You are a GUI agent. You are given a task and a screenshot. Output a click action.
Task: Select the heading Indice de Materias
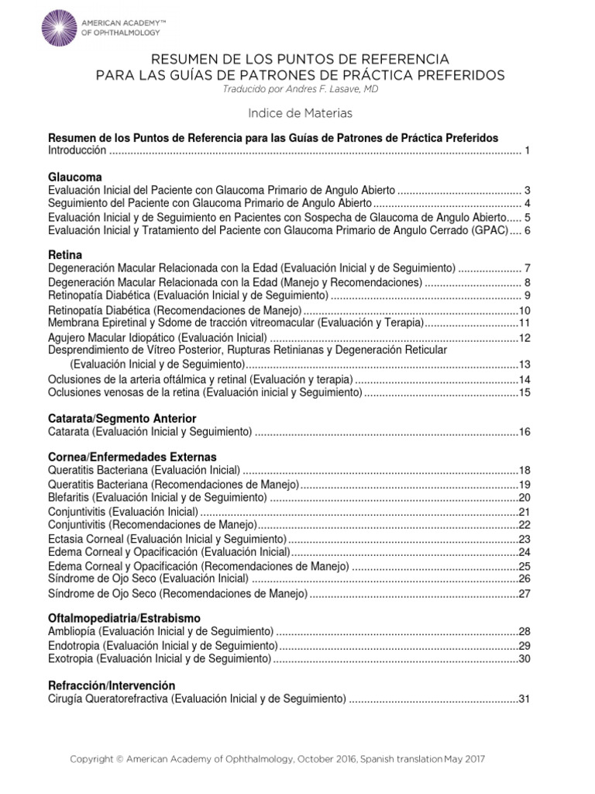pyautogui.click(x=300, y=113)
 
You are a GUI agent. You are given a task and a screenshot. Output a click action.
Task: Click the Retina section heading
pyautogui.click(x=65, y=254)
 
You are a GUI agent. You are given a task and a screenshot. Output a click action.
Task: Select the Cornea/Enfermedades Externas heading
pyautogui.click(x=132, y=457)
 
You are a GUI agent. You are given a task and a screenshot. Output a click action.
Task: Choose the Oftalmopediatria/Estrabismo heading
pyautogui.click(x=124, y=618)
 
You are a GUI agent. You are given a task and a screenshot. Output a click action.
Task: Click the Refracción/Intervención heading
pyautogui.click(x=112, y=685)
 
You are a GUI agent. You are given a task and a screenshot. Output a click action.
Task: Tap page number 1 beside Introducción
pyautogui.click(x=526, y=150)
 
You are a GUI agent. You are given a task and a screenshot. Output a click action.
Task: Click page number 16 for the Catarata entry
pyautogui.click(x=524, y=431)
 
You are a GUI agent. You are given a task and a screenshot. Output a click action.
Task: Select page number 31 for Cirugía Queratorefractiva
pyautogui.click(x=524, y=699)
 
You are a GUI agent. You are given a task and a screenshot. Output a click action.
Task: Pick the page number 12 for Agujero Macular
pyautogui.click(x=524, y=337)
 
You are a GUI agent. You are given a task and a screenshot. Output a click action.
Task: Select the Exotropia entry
pyautogui.click(x=160, y=658)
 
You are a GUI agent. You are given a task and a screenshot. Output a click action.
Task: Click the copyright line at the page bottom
pyautogui.click(x=277, y=758)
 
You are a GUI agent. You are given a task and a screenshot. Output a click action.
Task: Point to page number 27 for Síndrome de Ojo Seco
pyautogui.click(x=524, y=594)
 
